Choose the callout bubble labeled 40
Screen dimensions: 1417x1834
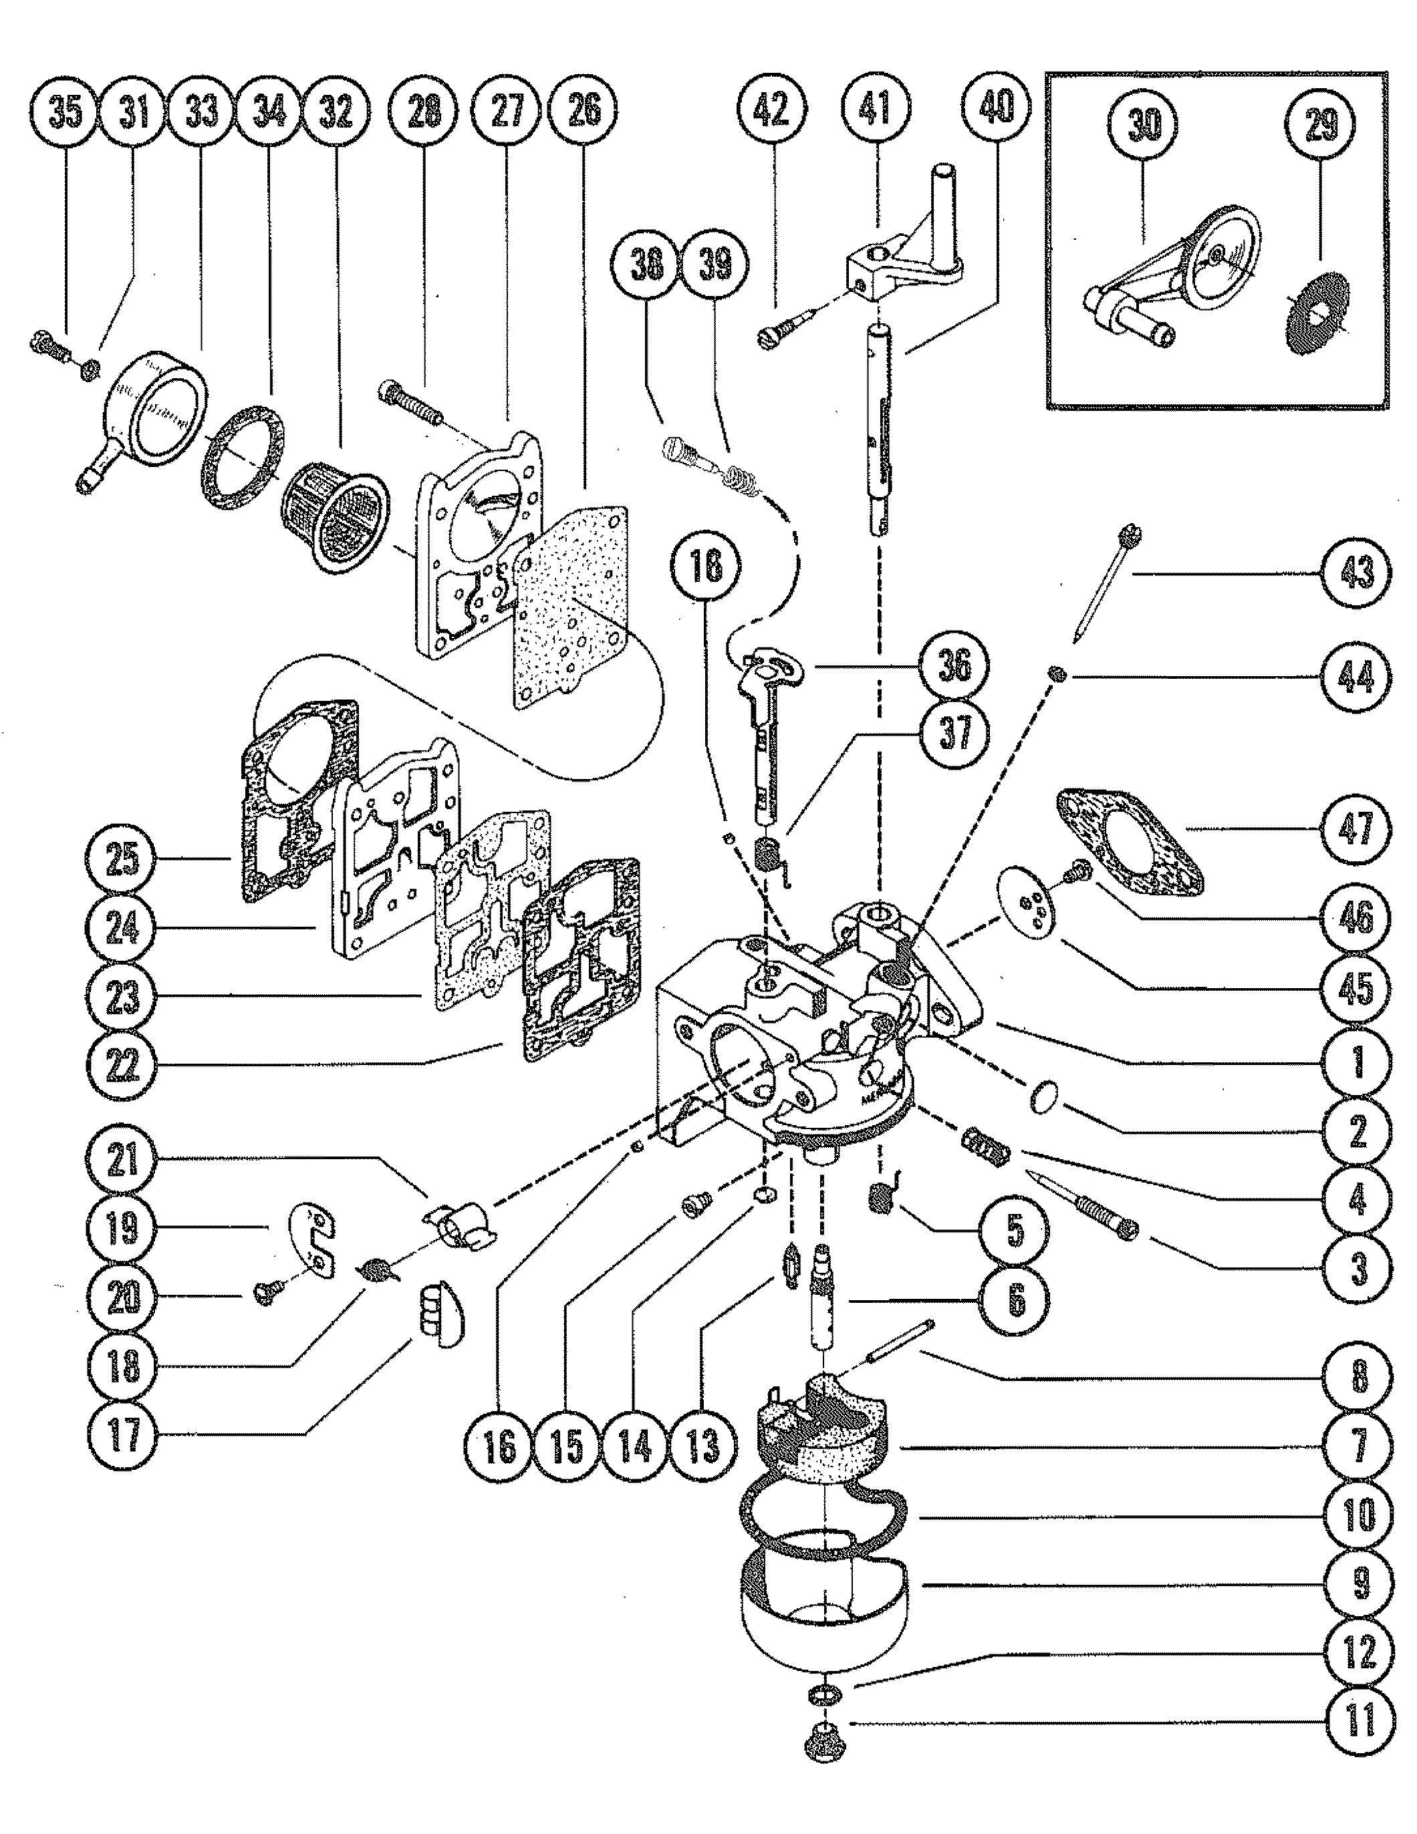996,107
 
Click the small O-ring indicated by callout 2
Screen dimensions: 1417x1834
1044,1096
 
